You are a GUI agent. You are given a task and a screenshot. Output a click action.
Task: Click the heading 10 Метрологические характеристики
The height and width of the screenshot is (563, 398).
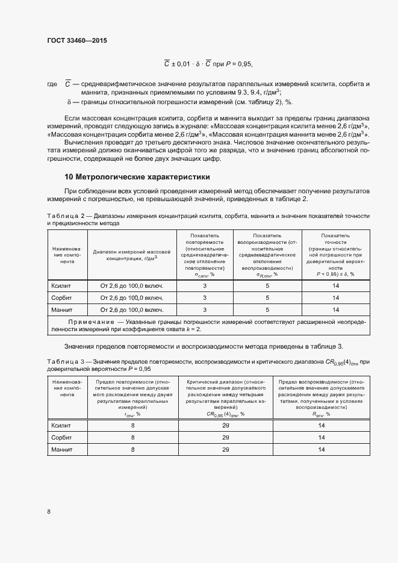click(137, 177)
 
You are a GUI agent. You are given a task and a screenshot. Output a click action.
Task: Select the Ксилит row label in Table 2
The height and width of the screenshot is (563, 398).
click(62, 286)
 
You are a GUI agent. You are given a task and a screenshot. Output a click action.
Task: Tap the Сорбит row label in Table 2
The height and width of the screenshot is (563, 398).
click(62, 298)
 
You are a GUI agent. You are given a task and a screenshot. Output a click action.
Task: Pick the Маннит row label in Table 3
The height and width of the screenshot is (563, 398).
click(62, 449)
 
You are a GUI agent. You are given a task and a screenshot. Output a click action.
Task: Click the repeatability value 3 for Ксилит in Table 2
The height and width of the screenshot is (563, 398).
click(205, 286)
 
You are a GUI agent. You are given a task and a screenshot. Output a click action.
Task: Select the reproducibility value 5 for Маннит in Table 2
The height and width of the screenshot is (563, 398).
click(267, 309)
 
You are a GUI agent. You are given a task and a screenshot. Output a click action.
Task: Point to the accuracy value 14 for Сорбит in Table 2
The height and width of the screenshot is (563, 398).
click(336, 298)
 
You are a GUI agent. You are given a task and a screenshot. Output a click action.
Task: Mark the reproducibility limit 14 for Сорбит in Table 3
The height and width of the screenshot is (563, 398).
click(322, 438)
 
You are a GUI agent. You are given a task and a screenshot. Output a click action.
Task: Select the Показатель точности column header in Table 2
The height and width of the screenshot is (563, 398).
click(335, 254)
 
